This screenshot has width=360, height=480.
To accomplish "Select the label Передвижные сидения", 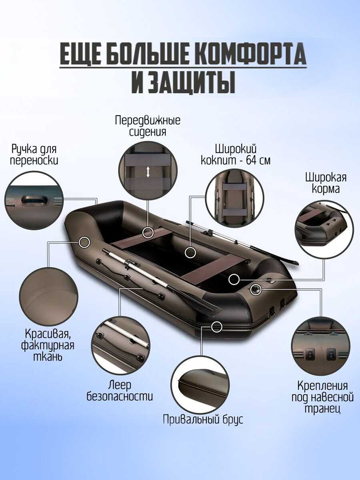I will [148, 126].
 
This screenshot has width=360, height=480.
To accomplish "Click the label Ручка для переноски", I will [34, 155].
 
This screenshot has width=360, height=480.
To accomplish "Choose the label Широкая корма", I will [326, 183].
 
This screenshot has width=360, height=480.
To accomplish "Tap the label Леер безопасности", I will [120, 390].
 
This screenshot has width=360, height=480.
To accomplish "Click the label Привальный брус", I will [203, 419].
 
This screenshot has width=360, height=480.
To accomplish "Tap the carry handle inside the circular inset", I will [32, 200].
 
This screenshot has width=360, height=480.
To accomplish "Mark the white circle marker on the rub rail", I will [217, 326].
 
